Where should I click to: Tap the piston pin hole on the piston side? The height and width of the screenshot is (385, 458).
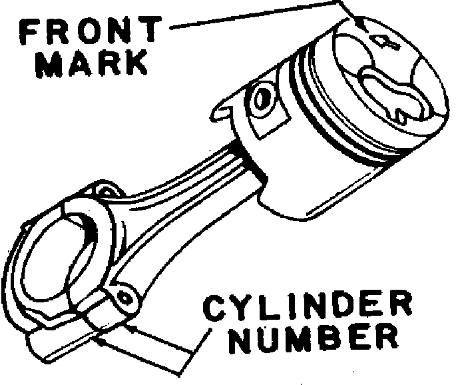(x=262, y=97)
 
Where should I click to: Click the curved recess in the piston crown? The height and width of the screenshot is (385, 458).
(x=393, y=93)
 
